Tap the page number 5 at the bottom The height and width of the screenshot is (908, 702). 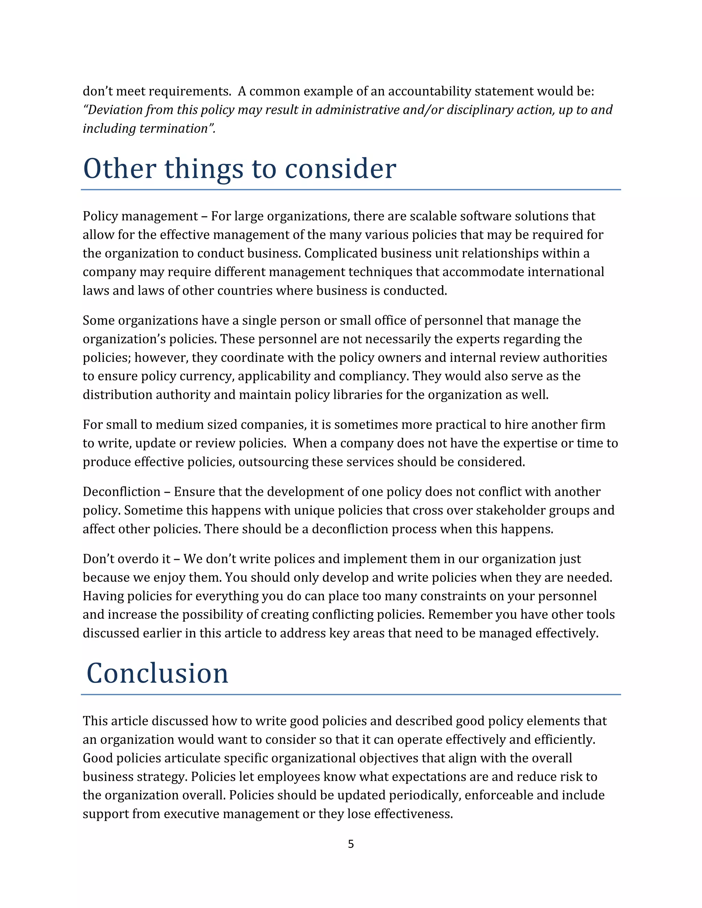[x=351, y=844]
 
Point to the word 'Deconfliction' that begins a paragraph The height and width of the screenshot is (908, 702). [x=121, y=491]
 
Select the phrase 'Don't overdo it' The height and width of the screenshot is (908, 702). [x=126, y=559]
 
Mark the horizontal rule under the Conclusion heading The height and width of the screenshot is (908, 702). [x=351, y=694]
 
